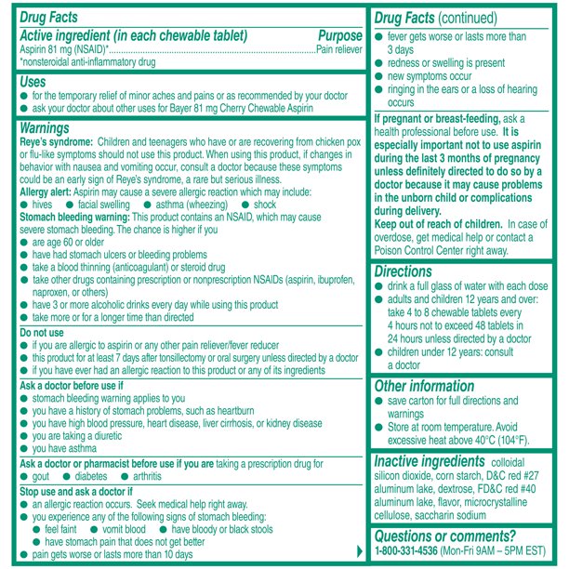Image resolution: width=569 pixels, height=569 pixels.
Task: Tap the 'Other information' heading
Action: (x=423, y=386)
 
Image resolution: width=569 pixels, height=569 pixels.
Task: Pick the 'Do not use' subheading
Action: (x=42, y=332)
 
